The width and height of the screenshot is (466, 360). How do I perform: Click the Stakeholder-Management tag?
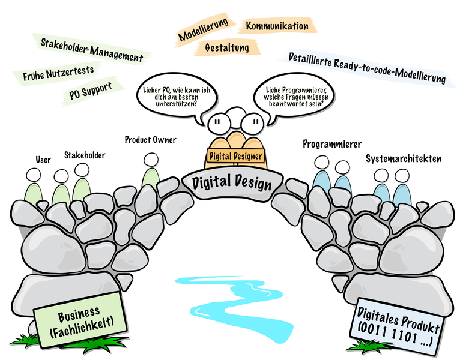(x=92, y=50)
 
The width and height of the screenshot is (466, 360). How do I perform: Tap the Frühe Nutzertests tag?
(x=58, y=74)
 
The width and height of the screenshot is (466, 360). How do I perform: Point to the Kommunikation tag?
(x=277, y=26)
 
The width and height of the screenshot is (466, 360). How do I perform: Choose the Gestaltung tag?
(x=226, y=47)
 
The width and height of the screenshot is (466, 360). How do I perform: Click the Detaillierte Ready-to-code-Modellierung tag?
(x=367, y=69)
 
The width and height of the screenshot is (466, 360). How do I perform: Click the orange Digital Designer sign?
(x=235, y=155)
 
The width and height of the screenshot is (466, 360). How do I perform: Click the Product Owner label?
(x=150, y=140)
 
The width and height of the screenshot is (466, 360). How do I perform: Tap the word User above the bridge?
(x=43, y=160)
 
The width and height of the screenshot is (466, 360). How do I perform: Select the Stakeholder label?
(x=85, y=155)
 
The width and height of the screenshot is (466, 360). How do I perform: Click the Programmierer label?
(x=331, y=144)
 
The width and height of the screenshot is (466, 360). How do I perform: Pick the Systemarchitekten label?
(x=404, y=159)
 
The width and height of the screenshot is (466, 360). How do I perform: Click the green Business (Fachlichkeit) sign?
(x=82, y=322)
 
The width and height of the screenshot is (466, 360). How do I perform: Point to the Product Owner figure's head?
(x=150, y=160)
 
